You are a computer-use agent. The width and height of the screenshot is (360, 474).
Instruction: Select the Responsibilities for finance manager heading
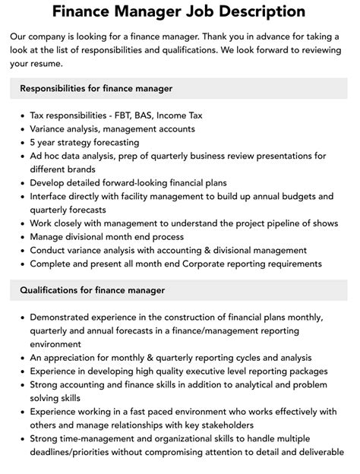coord(96,89)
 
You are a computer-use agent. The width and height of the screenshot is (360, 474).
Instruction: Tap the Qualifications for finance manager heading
coord(92,289)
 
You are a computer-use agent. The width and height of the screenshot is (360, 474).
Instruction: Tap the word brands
coord(80,169)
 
